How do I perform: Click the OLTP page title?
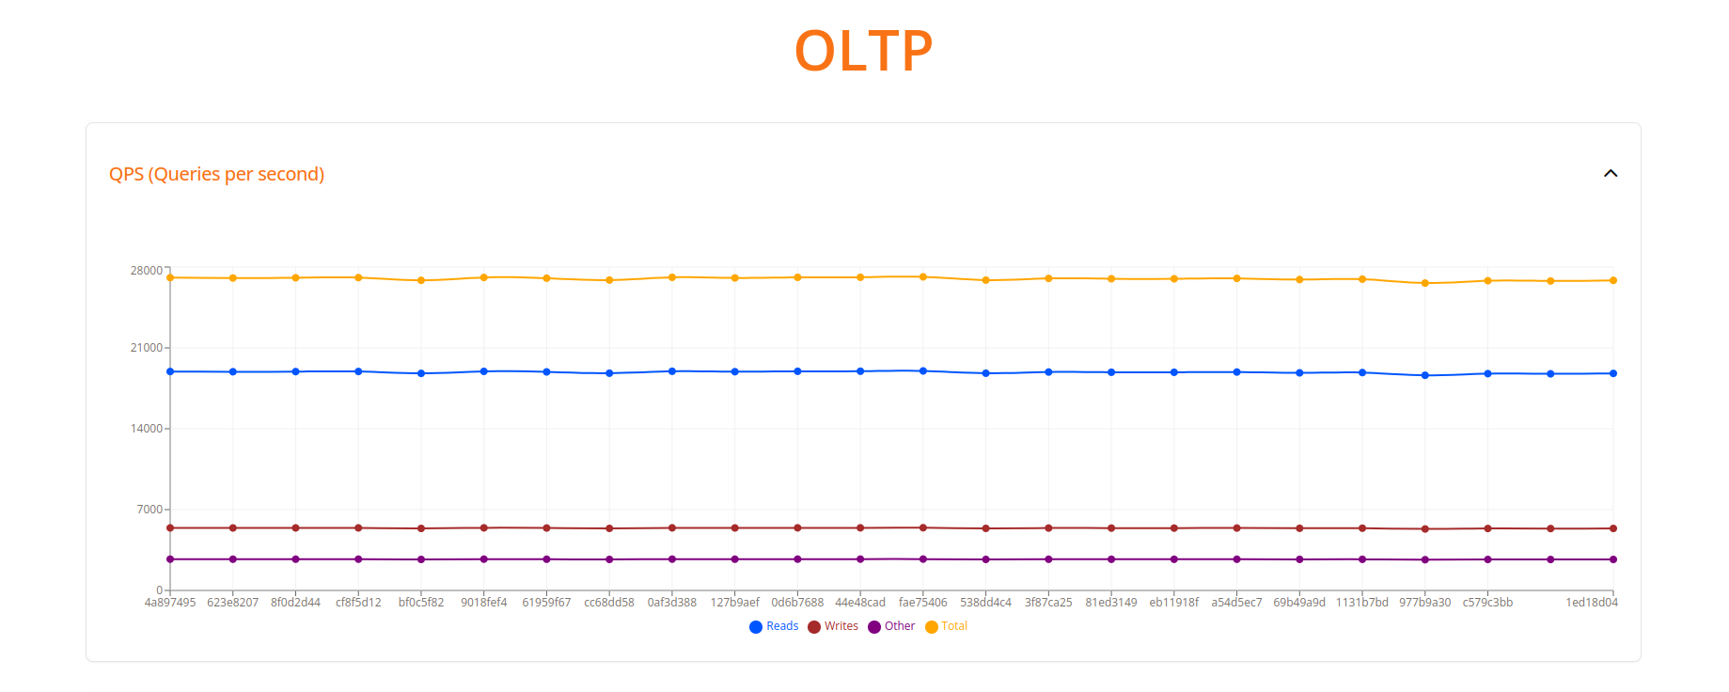pyautogui.click(x=863, y=51)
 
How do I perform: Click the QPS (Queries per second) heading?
pyautogui.click(x=216, y=174)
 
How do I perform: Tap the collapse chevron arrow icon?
pyautogui.click(x=1610, y=174)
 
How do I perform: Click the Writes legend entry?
pyautogui.click(x=833, y=626)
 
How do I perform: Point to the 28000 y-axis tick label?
pyautogui.click(x=146, y=271)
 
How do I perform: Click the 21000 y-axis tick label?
pyautogui.click(x=146, y=348)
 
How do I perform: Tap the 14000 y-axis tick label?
pyautogui.click(x=146, y=429)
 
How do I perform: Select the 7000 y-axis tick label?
pyautogui.click(x=149, y=510)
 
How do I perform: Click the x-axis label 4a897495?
pyautogui.click(x=170, y=603)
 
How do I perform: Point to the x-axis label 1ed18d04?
pyautogui.click(x=1591, y=603)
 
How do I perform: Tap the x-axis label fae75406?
pyautogui.click(x=922, y=603)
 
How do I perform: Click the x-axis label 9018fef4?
pyautogui.click(x=483, y=603)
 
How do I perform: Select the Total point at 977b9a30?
pyautogui.click(x=1424, y=283)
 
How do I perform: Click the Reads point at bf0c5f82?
pyautogui.click(x=421, y=373)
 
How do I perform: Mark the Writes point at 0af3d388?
pyautogui.click(x=672, y=528)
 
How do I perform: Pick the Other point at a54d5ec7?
pyautogui.click(x=1236, y=559)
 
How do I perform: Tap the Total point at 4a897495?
pyautogui.click(x=170, y=277)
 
